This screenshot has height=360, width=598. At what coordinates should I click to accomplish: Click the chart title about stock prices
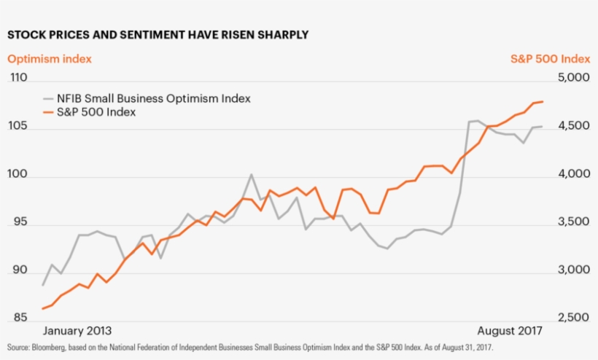(x=158, y=34)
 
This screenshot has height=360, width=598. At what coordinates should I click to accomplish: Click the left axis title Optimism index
(x=50, y=59)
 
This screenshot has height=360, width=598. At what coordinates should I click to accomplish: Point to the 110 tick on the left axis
(x=18, y=79)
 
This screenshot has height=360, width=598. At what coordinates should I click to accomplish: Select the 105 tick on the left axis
(x=18, y=127)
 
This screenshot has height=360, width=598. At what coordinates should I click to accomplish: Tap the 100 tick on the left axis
(x=18, y=175)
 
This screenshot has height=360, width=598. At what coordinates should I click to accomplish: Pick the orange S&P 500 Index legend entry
(x=96, y=112)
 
